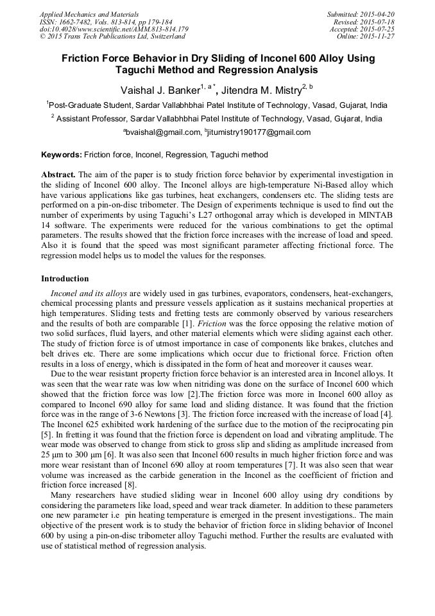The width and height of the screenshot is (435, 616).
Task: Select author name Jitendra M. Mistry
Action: coord(262,91)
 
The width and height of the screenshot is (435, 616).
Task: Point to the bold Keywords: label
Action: coord(62,155)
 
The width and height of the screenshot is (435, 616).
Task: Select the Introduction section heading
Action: coord(65,279)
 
